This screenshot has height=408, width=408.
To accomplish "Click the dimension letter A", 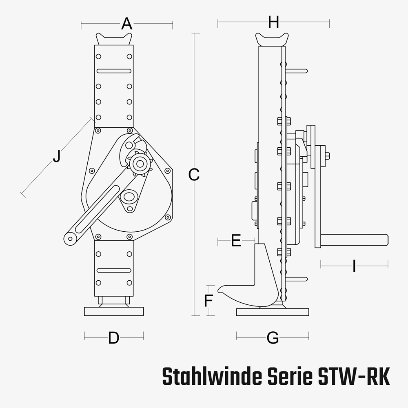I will pyautogui.click(x=127, y=24).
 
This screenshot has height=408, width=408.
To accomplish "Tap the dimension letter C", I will pyautogui.click(x=194, y=175).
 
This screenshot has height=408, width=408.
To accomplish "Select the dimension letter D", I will pyautogui.click(x=113, y=338).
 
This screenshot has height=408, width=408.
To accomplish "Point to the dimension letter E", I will pyautogui.click(x=236, y=241).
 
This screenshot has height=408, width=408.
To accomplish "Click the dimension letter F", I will pyautogui.click(x=208, y=301).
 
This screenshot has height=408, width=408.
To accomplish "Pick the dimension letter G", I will pyautogui.click(x=272, y=338).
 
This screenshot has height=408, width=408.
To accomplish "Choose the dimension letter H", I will pyautogui.click(x=273, y=22).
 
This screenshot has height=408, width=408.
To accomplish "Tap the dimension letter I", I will pyautogui.click(x=354, y=267).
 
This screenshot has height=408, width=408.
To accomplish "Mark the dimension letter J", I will pyautogui.click(x=56, y=156).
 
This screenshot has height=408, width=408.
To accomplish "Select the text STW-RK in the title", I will pyautogui.click(x=353, y=376).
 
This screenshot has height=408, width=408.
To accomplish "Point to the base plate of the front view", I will pyautogui.click(x=114, y=311).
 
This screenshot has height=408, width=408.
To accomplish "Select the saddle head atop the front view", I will pyautogui.click(x=114, y=39).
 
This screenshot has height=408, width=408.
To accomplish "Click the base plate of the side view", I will pyautogui.click(x=273, y=312).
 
